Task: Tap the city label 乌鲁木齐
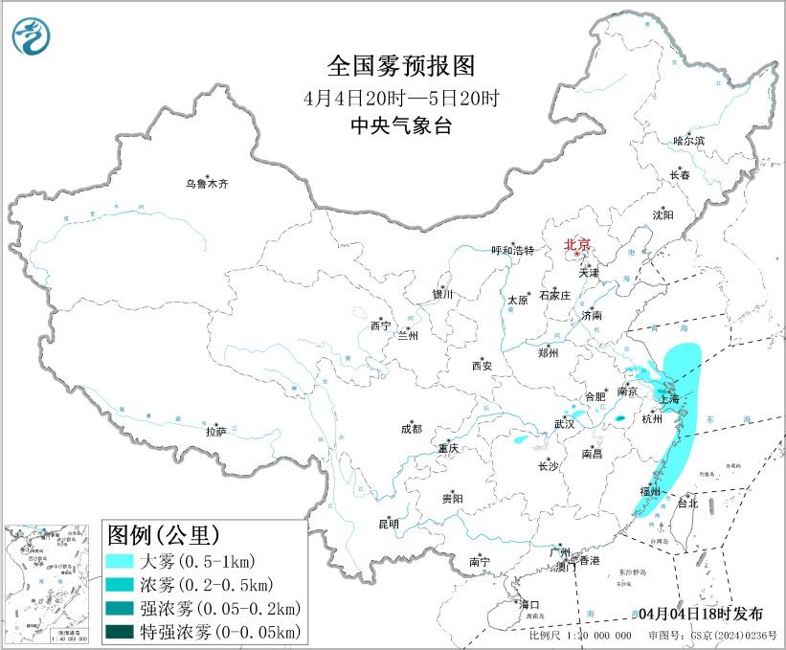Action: point(208,183)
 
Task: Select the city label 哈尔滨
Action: point(688,141)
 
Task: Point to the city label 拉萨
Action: point(215,432)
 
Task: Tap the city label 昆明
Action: point(389,524)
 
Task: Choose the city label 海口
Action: point(529,604)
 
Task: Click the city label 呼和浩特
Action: point(512,251)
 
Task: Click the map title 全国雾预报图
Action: point(401,66)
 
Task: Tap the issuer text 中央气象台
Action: point(401,125)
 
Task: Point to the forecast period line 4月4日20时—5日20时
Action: point(401,97)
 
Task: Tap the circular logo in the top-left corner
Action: point(33,35)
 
